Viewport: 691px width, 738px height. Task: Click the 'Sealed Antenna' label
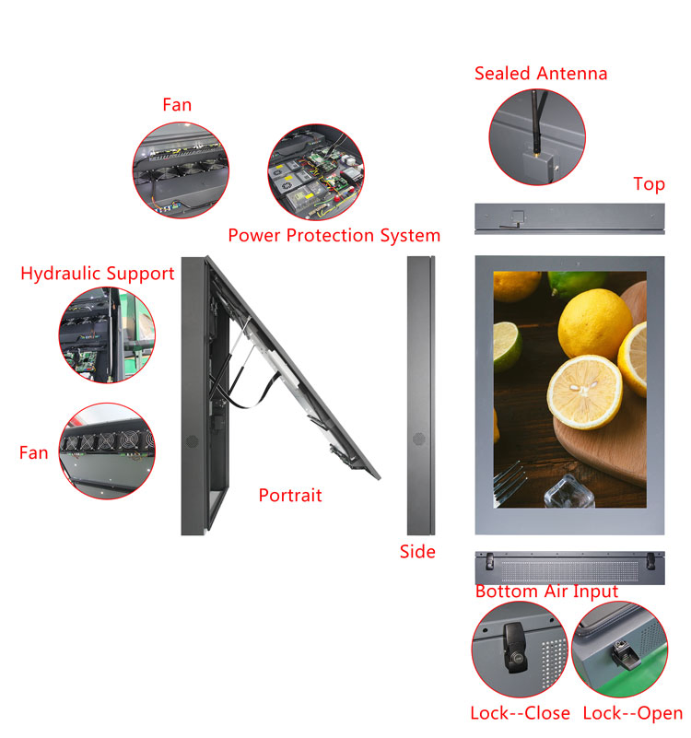coord(541,74)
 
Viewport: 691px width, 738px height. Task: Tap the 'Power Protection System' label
coord(334,235)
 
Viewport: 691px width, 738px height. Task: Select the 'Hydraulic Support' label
coord(98,274)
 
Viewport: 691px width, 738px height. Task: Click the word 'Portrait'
coord(290,495)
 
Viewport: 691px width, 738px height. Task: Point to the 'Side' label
coord(417,552)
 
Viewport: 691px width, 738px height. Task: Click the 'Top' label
coord(650,184)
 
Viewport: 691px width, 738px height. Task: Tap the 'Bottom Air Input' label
coord(546,592)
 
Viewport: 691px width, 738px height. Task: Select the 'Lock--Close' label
coord(521,713)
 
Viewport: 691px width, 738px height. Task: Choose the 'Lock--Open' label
coord(633,713)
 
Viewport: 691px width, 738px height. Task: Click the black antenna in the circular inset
coord(536,122)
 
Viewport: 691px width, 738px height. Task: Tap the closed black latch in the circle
coord(514,648)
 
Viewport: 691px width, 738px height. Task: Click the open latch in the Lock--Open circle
coord(626,654)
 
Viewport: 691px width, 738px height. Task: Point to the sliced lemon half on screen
coord(585,392)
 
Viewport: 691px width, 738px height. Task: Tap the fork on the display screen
coord(509,480)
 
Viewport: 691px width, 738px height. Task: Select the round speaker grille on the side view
coord(419,439)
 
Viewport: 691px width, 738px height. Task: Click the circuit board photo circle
coord(316,172)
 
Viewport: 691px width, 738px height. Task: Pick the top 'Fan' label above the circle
coord(177,105)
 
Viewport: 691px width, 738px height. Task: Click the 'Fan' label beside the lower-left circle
coord(33,452)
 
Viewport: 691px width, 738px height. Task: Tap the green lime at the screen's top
coord(578,283)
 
